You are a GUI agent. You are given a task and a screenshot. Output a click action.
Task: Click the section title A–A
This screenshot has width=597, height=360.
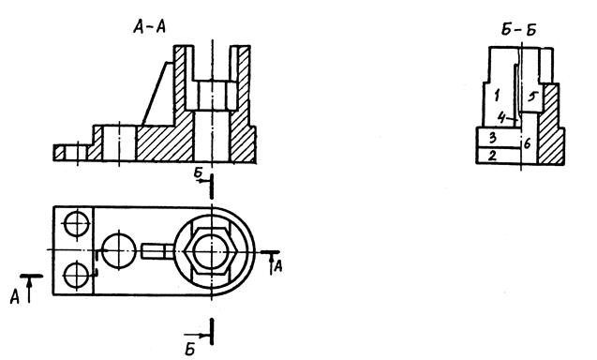point(150,27)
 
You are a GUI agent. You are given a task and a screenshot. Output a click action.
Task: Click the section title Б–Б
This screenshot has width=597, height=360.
point(518,30)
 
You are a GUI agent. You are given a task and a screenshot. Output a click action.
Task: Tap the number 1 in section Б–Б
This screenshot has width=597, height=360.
point(497,96)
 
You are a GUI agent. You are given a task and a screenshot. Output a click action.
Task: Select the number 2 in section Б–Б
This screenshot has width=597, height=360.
point(492,156)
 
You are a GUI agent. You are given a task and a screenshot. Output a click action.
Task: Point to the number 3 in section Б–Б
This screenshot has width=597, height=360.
point(493,138)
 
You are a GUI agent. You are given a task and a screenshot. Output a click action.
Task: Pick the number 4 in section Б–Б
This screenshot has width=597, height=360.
point(502,118)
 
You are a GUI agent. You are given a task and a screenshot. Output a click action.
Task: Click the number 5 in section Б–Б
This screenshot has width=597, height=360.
point(532,97)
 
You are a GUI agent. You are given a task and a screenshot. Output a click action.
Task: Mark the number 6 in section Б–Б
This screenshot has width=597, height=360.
point(528,144)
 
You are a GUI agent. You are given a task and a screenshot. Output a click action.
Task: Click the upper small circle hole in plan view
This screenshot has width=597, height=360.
point(77,224)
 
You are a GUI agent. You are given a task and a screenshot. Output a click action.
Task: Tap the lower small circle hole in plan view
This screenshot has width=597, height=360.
point(77,275)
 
